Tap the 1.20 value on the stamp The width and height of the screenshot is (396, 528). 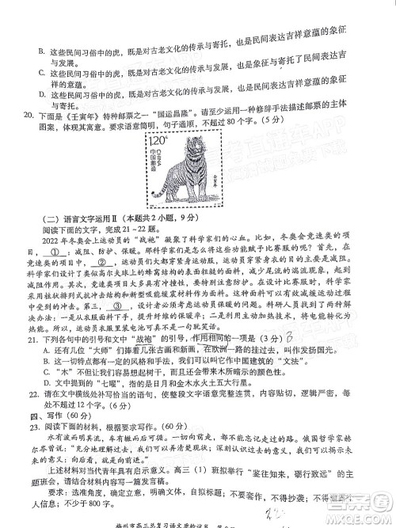pyautogui.click(x=154, y=140)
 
